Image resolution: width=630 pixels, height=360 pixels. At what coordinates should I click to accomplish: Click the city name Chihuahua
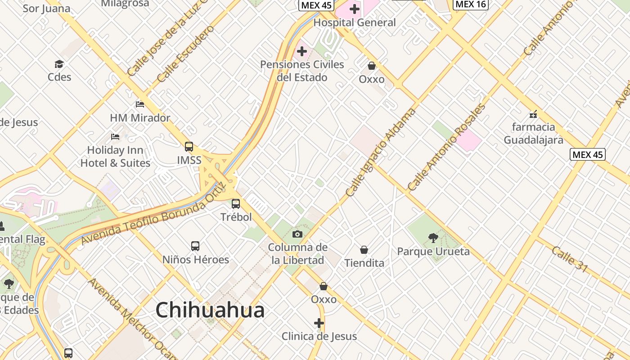click(210, 310)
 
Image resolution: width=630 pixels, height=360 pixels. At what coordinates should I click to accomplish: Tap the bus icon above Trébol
click(236, 204)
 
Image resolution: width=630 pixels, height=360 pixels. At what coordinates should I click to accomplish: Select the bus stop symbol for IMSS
click(189, 147)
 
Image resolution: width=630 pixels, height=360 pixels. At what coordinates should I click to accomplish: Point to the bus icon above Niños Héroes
click(195, 246)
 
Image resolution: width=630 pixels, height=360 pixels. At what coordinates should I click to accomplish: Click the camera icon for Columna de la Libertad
click(297, 234)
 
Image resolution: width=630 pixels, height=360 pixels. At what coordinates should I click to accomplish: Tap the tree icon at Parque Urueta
click(433, 238)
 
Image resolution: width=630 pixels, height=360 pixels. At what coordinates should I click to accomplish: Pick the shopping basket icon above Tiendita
click(364, 250)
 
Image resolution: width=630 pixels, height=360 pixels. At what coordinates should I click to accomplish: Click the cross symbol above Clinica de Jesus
click(319, 323)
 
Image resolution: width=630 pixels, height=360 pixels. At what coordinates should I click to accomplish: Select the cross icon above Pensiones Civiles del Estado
click(302, 51)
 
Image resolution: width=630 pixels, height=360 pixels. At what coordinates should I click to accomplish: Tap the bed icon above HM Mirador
click(140, 104)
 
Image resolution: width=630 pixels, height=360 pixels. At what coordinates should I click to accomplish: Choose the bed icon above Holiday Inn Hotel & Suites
click(115, 136)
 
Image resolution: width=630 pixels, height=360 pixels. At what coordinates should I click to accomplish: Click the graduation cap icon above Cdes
click(59, 64)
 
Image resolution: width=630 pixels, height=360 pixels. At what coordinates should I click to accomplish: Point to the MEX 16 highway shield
click(471, 4)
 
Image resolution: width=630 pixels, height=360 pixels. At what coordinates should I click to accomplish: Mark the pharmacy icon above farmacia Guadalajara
click(533, 114)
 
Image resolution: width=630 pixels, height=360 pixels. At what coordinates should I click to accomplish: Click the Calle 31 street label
click(570, 259)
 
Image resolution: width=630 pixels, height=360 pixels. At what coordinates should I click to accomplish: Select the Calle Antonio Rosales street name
click(447, 147)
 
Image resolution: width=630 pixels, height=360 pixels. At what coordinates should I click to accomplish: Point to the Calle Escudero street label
click(186, 54)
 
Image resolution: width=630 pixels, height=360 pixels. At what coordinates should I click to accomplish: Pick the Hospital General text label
click(355, 22)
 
